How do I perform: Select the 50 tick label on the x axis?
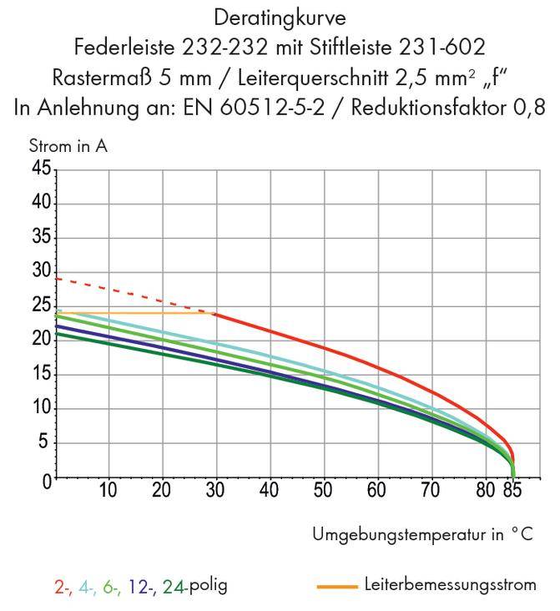323,490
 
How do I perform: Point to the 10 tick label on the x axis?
108,490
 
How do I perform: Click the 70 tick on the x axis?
431,490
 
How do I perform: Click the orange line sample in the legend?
338,586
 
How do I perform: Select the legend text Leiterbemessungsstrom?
450,584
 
